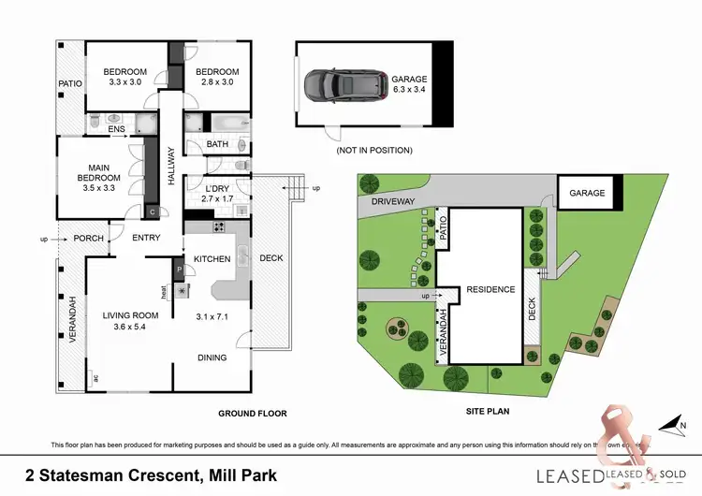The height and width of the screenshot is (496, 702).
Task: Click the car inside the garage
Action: click(343, 85)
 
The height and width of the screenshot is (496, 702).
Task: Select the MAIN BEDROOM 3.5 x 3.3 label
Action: click(99, 178)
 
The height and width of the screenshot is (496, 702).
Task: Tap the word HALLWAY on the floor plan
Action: click(171, 168)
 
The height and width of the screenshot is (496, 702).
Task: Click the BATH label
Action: click(217, 144)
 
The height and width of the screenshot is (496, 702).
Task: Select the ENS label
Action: click(116, 130)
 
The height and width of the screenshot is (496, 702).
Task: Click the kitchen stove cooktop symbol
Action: click(219, 226)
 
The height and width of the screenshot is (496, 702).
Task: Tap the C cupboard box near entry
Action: click(152, 211)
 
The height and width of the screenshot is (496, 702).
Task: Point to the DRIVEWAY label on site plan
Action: click(391, 200)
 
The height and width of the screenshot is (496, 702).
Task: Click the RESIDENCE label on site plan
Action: click(490, 289)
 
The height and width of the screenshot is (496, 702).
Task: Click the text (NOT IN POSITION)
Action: click(373, 150)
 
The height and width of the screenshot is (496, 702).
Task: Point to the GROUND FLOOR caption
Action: click(252, 413)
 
